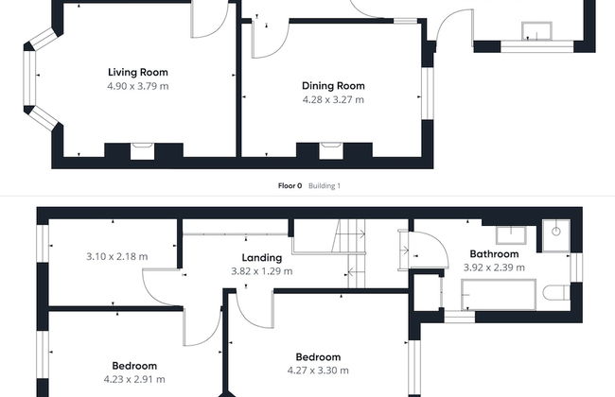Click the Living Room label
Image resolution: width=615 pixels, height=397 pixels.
click(138, 72)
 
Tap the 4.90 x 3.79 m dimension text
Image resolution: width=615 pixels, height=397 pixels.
click(138, 86)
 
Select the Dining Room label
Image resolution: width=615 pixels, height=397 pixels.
click(333, 86)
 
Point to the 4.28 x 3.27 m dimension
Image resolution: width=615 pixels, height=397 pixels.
click(333, 99)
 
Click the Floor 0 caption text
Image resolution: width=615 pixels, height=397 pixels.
click(290, 186)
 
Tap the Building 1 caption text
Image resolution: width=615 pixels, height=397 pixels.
click(325, 186)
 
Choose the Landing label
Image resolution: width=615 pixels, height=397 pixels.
click(261, 257)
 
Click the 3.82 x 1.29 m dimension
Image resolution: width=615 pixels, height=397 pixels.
click(261, 271)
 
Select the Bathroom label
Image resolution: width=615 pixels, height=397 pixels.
click(494, 254)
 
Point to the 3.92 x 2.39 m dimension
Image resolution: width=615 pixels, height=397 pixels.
click(494, 268)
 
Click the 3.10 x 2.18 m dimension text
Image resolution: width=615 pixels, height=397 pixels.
click(117, 257)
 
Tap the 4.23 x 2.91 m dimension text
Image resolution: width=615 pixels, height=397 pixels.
click(134, 379)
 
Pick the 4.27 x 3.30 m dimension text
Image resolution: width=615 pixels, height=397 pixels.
click(318, 371)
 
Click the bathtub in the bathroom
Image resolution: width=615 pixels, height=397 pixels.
click(499, 294)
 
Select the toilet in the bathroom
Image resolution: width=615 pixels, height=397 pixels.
click(556, 293)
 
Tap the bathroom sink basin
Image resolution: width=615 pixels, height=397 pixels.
click(511, 235)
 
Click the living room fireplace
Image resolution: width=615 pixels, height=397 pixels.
click(142, 151)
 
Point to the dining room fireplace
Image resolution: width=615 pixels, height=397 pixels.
click(331, 151)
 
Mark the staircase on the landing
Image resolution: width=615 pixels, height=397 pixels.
click(349, 253)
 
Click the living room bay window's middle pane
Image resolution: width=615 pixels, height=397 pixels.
click(29, 78)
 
